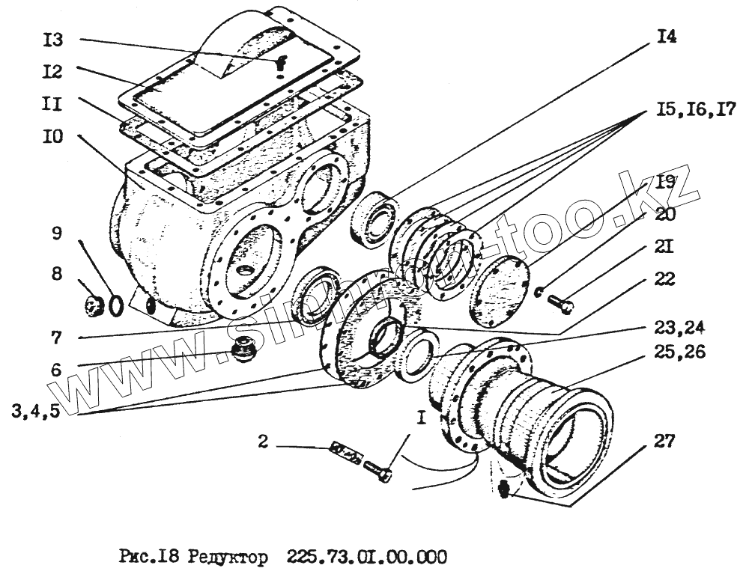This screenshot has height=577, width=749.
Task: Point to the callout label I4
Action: click(663, 37)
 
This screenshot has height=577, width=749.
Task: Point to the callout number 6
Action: click(56, 370)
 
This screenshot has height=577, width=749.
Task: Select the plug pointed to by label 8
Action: click(94, 305)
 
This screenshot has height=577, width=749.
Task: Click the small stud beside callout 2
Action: click(346, 452)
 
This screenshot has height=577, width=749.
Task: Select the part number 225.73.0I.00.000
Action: click(367, 558)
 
